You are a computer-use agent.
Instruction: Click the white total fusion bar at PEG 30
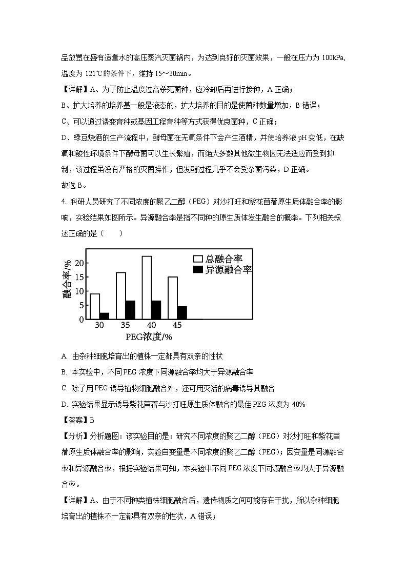[95, 306]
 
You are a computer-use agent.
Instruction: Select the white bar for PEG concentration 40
[147, 287]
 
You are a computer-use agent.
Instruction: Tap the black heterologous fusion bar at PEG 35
[130, 310]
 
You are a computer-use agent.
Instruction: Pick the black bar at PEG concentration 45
[182, 312]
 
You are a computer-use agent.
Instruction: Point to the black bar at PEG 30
[104, 315]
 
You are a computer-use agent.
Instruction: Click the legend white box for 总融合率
[197, 259]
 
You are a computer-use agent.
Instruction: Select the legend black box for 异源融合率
[197, 269]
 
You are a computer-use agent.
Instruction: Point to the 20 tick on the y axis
[78, 263]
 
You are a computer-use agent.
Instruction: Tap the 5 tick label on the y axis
[81, 305]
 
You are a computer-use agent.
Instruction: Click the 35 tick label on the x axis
[125, 325]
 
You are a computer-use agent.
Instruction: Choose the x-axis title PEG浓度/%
[149, 336]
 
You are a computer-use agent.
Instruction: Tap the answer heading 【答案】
[75, 420]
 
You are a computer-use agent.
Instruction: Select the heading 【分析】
[75, 436]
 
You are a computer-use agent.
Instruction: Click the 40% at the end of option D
[298, 404]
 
